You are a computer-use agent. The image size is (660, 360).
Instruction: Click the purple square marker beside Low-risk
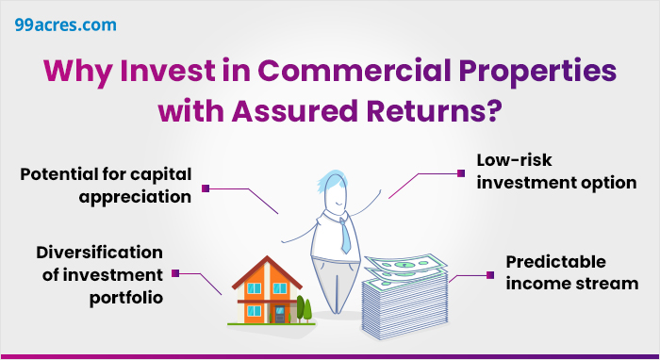tap(460, 173)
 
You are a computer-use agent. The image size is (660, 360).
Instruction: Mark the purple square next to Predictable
tap(489, 274)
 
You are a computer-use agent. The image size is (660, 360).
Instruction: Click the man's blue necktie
tap(346, 231)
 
